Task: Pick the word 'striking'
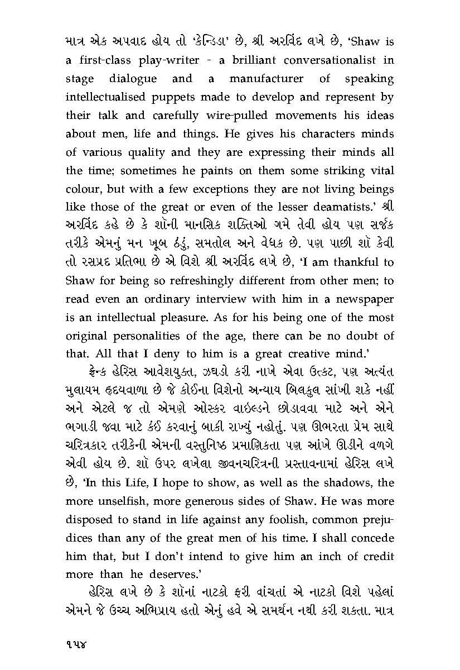click(x=341, y=171)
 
